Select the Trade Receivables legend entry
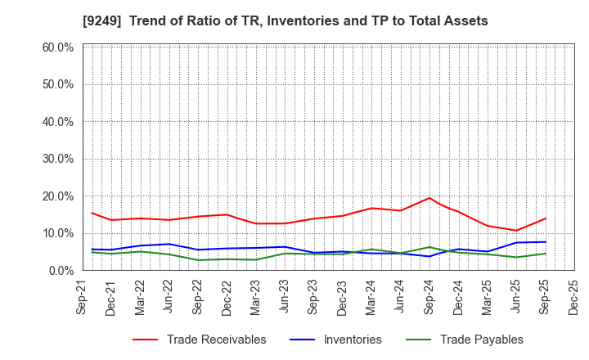[216, 340]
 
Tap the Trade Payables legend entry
[481, 340]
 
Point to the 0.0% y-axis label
[61, 270]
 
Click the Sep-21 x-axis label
[83, 296]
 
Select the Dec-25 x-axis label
[574, 296]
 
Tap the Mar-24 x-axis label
[372, 296]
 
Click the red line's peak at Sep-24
[429, 198]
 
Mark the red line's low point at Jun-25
[516, 230]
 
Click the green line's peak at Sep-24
[429, 247]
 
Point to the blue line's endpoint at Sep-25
[545, 241]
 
